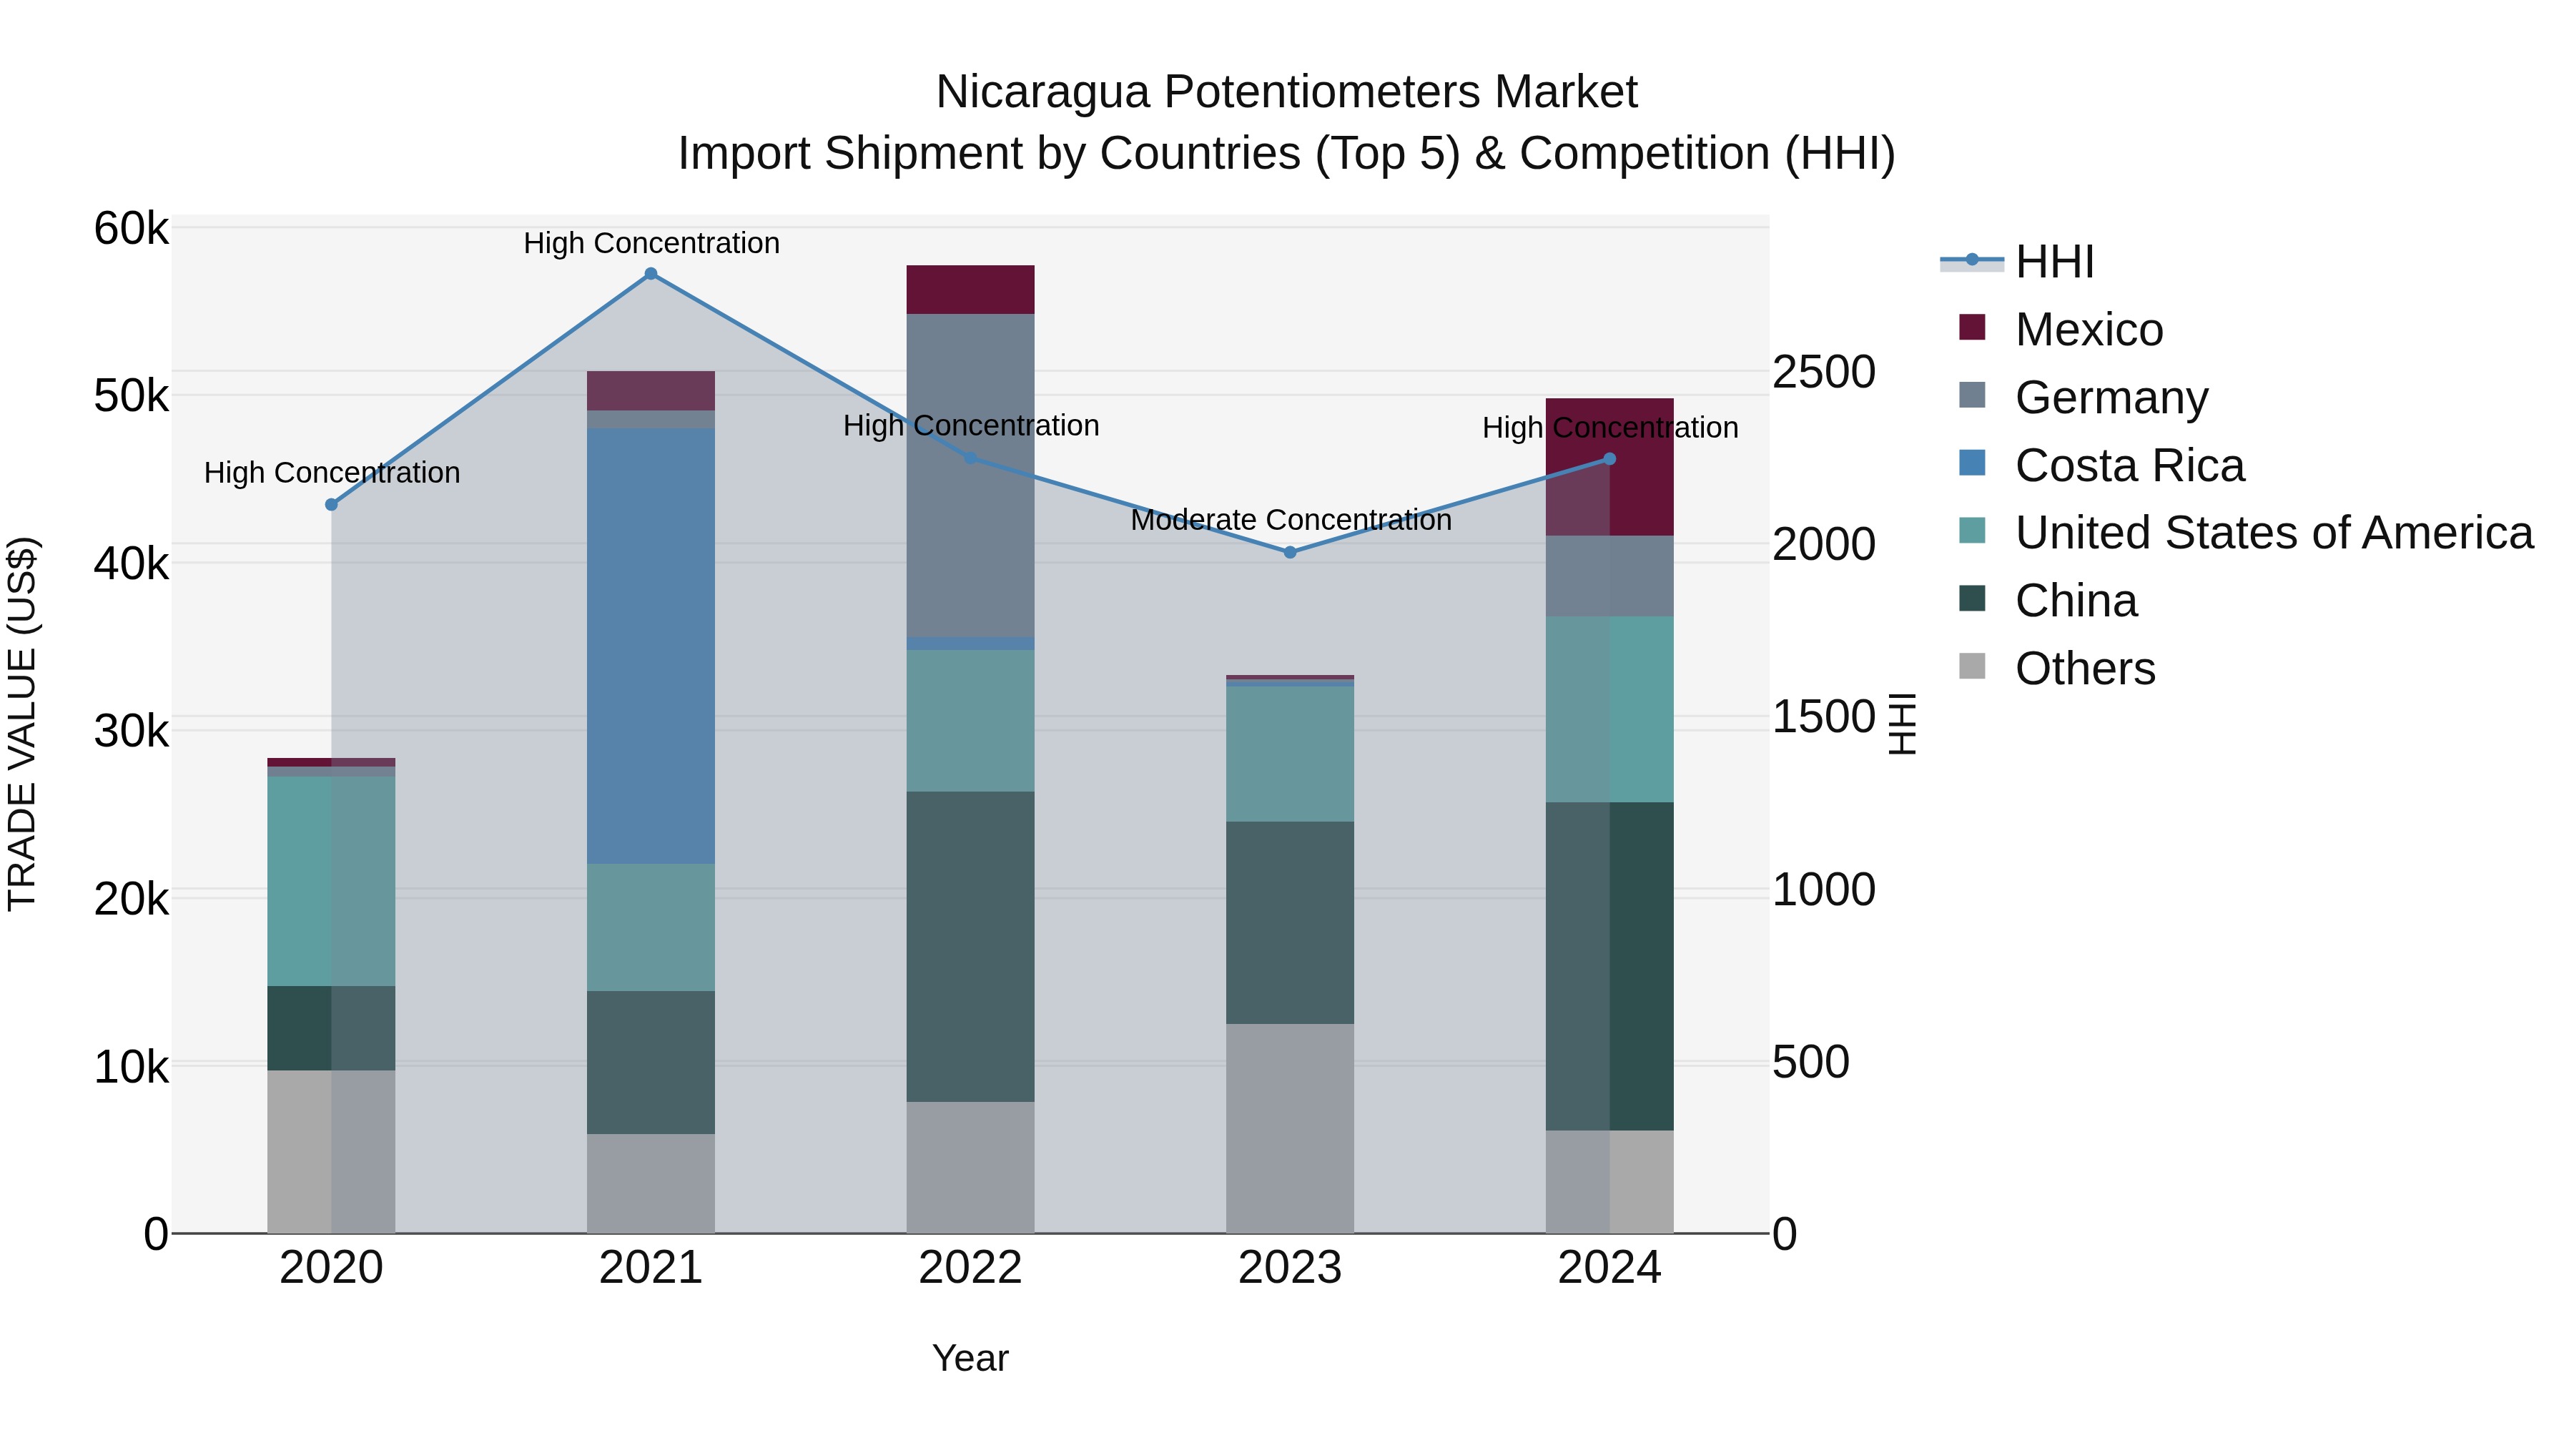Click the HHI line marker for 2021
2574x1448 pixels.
tap(651, 274)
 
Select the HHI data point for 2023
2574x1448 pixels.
tap(1289, 553)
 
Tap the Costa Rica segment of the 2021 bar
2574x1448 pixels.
tap(651, 646)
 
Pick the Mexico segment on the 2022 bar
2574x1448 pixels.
tap(970, 290)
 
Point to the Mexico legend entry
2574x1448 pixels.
tap(2089, 330)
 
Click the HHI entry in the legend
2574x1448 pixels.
tap(2053, 262)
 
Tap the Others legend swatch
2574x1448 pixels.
tap(1971, 666)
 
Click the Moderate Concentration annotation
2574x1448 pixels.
tap(1290, 520)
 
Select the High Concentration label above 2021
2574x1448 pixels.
tap(651, 243)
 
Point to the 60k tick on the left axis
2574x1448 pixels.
tap(131, 229)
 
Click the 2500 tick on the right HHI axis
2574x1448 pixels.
tap(1823, 372)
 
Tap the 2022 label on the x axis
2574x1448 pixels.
tap(970, 1268)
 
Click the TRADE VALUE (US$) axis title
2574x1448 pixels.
tap(22, 724)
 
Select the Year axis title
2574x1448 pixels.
tap(970, 1358)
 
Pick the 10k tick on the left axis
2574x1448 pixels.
tap(131, 1068)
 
